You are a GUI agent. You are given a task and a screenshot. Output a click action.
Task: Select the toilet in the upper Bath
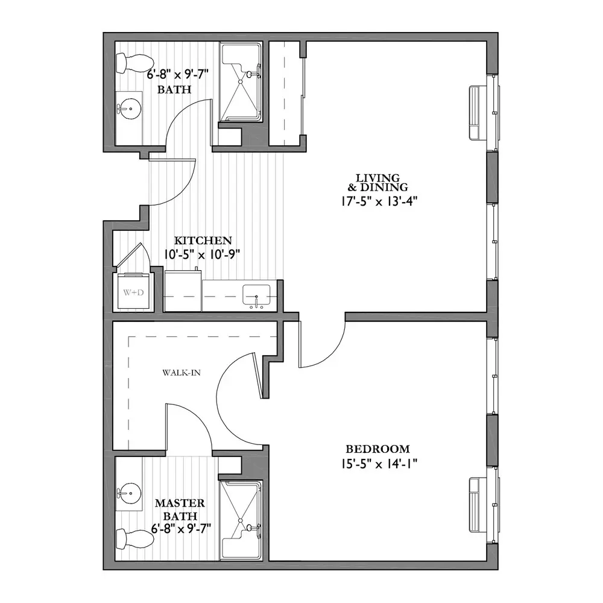point(134,63)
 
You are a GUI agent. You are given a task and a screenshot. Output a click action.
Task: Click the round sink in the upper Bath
point(129,109)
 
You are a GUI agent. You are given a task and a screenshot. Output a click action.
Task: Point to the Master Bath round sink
point(129,492)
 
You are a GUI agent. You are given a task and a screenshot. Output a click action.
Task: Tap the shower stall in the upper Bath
point(241,82)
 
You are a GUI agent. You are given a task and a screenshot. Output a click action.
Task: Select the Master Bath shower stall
point(241,520)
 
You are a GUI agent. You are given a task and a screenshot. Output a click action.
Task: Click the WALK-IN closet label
point(182,372)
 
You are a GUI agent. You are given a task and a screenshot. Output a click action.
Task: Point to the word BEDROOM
point(377,449)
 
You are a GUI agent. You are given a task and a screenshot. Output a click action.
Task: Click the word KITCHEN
point(203,241)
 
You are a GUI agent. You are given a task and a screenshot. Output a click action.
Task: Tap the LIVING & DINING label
point(377,182)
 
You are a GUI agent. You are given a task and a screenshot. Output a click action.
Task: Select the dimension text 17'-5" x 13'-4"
point(379,201)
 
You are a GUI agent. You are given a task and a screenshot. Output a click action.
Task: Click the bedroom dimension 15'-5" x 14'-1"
point(379,464)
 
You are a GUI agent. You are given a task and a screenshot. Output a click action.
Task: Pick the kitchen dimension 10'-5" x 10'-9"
point(202,254)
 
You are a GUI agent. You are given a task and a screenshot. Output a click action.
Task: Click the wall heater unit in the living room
point(474,112)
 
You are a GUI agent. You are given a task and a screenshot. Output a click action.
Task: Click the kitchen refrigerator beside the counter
point(183,291)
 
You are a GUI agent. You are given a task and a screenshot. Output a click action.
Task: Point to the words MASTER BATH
point(180,509)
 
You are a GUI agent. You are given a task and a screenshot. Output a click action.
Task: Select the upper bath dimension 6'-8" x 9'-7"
point(178,74)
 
